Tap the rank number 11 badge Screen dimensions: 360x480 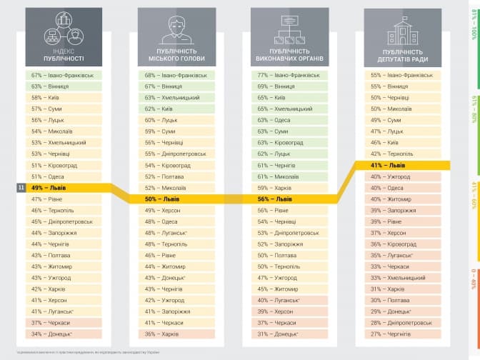(x=21, y=188)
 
